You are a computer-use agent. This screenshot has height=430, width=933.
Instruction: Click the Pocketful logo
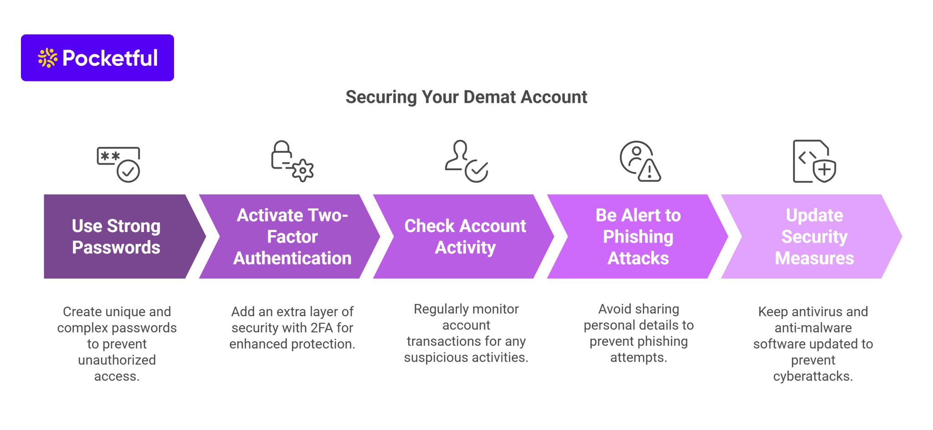pyautogui.click(x=97, y=58)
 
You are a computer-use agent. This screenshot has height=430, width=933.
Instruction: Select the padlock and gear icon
pyautogui.click(x=292, y=161)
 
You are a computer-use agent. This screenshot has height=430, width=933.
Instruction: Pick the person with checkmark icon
pyautogui.click(x=466, y=161)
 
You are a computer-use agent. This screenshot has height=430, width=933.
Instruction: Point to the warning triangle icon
pyautogui.click(x=649, y=171)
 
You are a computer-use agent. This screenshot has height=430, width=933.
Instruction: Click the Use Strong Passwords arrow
pyautogui.click(x=117, y=237)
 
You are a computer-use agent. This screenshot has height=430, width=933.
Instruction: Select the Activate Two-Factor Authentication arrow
pyautogui.click(x=292, y=237)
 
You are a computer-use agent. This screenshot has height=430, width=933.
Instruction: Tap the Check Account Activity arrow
pyautogui.click(x=466, y=237)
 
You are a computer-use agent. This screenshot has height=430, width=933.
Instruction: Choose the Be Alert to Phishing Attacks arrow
pyautogui.click(x=638, y=237)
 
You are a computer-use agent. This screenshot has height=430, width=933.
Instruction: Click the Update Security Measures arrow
pyautogui.click(x=814, y=237)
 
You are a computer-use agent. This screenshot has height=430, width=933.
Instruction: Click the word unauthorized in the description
pyautogui.click(x=117, y=360)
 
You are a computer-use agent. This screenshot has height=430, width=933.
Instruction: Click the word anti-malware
pyautogui.click(x=813, y=328)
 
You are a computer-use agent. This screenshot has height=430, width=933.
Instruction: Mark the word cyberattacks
pyautogui.click(x=813, y=376)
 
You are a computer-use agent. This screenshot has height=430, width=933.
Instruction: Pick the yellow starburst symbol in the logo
pyautogui.click(x=47, y=58)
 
